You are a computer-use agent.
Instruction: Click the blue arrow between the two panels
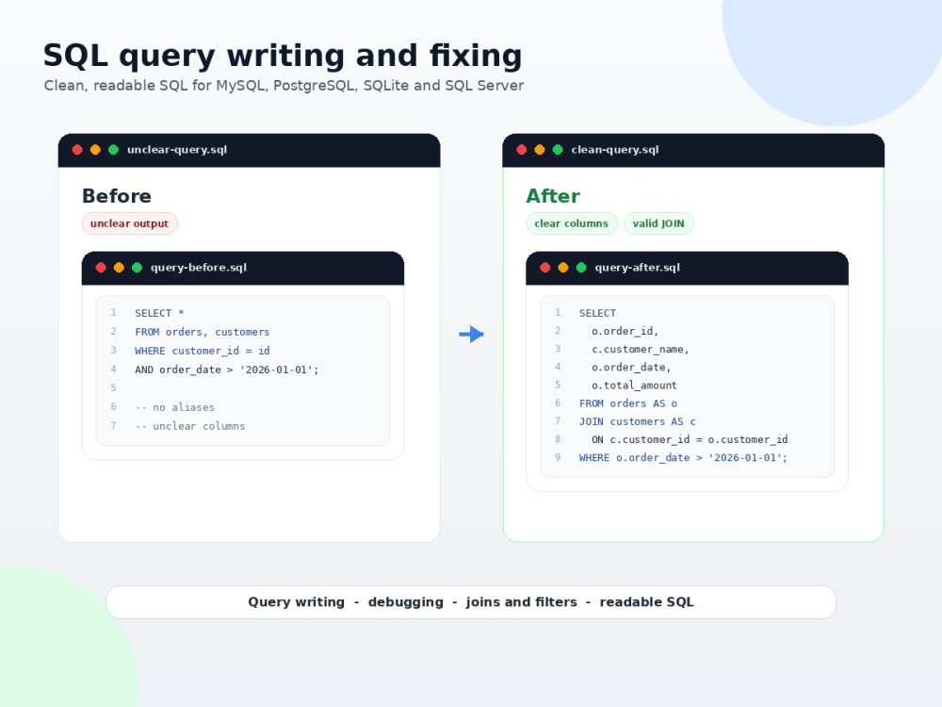472,335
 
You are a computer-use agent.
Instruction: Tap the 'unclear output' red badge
130,223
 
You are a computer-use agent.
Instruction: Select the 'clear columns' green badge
572,223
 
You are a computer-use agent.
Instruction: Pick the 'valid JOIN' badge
658,223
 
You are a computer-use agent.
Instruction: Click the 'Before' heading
117,196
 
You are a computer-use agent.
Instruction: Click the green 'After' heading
553,196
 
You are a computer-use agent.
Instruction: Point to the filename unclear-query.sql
177,150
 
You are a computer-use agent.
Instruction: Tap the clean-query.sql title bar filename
614,150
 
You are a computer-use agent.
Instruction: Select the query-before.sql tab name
198,268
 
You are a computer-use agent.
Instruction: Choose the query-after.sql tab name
637,268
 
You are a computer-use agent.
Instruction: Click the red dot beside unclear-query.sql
77,150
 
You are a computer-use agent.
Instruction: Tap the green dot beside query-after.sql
581,268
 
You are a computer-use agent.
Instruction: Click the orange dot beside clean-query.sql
540,150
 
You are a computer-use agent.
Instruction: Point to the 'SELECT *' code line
159,313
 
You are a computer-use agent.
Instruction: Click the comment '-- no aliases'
174,407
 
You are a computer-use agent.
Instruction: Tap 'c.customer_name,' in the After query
640,350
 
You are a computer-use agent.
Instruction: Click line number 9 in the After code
558,457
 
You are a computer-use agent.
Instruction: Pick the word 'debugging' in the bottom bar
405,602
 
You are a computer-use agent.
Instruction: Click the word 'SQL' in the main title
75,56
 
